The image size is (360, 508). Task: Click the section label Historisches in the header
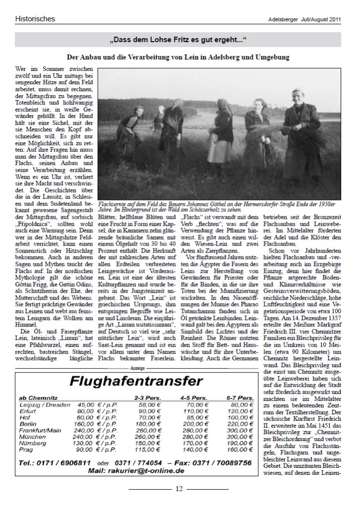pos(35,19)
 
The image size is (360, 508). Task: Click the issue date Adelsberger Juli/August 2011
pos(304,20)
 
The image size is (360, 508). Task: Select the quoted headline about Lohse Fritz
pos(178,39)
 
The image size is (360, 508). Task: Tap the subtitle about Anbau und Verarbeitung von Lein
pos(178,58)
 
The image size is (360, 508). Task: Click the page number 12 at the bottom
pos(179,489)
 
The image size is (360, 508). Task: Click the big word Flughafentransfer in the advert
pos(136,381)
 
